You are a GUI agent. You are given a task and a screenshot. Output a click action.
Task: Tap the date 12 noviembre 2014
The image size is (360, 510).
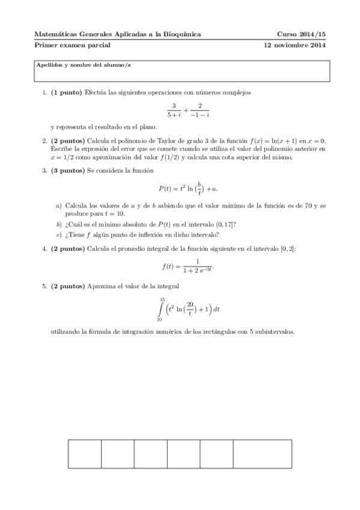295,45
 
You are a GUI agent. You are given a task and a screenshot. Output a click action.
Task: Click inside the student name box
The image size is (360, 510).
180,73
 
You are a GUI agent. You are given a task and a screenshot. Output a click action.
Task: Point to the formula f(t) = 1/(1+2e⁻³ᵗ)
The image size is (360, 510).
188,265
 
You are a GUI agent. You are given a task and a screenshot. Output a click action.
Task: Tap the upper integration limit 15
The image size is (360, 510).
162,299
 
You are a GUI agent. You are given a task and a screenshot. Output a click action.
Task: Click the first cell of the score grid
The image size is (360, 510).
84,459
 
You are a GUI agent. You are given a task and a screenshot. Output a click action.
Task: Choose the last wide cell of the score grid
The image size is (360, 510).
261,459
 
